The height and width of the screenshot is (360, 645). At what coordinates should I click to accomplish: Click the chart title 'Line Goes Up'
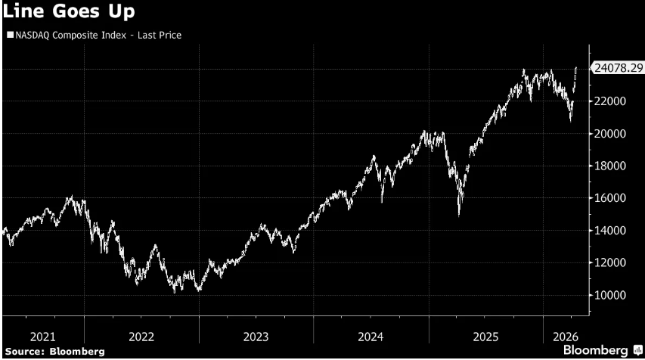pyautogui.click(x=57, y=14)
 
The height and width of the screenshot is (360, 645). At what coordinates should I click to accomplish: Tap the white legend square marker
pyautogui.click(x=8, y=35)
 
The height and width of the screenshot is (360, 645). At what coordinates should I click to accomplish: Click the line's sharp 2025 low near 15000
pyautogui.click(x=459, y=215)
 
